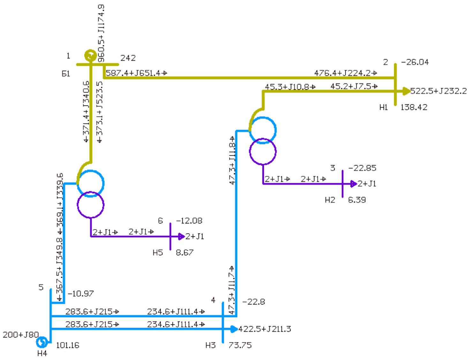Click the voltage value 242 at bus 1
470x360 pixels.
(128, 58)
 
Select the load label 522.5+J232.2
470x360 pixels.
(438, 91)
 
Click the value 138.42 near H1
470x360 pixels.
(413, 107)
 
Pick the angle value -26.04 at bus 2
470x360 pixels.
(414, 62)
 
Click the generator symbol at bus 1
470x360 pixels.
(90, 56)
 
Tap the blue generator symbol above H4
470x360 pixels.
(42, 342)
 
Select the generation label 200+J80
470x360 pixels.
(20, 335)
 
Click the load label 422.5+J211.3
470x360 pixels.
(264, 329)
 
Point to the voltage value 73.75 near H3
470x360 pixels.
(240, 345)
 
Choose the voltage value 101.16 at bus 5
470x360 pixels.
(67, 345)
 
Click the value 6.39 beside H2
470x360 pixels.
(357, 200)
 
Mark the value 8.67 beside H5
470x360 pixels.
(184, 253)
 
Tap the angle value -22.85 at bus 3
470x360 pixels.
(362, 168)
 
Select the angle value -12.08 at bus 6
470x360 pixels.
(189, 221)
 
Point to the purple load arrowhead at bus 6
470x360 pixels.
(181, 236)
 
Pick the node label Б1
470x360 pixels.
(66, 74)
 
